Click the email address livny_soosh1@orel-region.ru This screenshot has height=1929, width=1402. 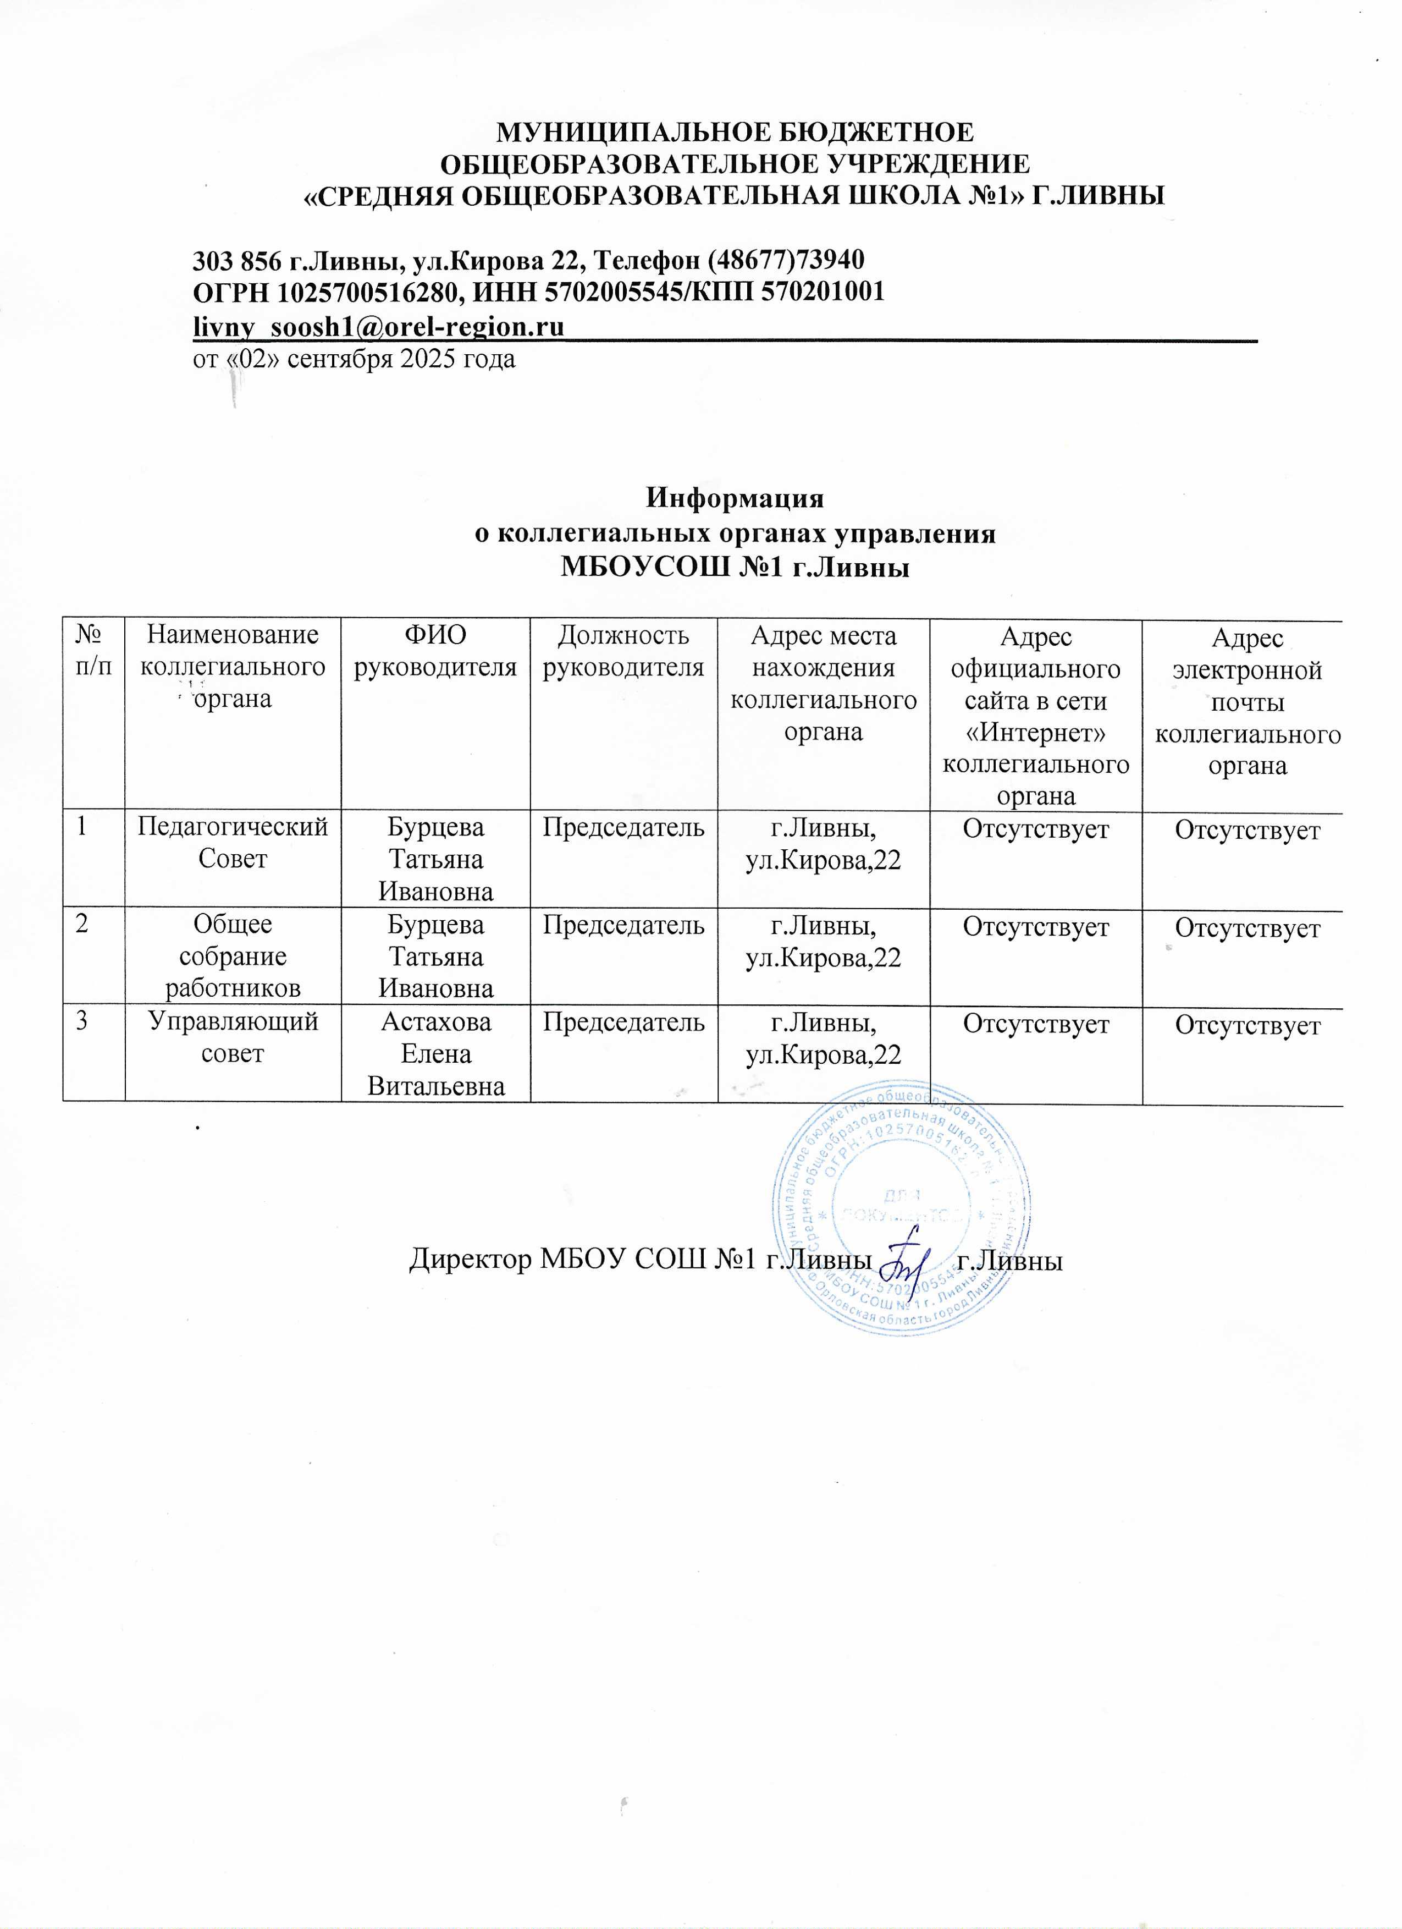tap(379, 326)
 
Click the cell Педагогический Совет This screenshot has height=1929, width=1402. tap(233, 842)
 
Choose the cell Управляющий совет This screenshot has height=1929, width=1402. tap(233, 1037)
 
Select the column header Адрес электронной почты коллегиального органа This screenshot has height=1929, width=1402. tap(1248, 702)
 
